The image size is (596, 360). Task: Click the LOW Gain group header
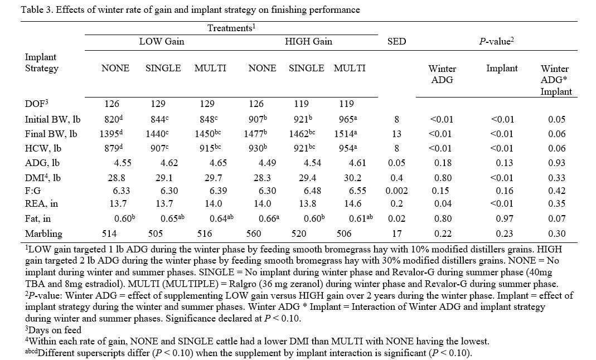click(x=162, y=41)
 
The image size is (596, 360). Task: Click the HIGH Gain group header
click(x=309, y=41)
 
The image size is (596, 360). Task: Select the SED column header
click(x=396, y=41)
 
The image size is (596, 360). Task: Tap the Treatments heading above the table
click(x=231, y=28)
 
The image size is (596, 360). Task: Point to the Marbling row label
click(x=43, y=233)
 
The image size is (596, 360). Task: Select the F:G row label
click(x=33, y=191)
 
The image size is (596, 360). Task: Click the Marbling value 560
click(x=254, y=233)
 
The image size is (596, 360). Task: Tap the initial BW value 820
click(x=113, y=119)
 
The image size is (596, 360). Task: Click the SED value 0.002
click(x=396, y=191)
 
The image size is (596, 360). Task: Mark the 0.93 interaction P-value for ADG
click(x=556, y=163)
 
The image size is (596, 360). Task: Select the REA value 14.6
click(x=352, y=203)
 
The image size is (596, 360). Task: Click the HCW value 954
click(x=348, y=148)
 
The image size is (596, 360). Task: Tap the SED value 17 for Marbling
click(x=396, y=233)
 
